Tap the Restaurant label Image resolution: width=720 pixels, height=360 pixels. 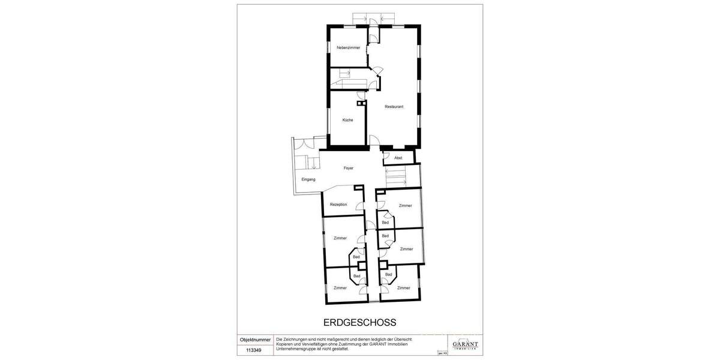(x=394, y=107)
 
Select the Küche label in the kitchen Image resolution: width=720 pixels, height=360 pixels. (x=347, y=120)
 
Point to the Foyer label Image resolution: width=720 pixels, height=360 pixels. (x=348, y=169)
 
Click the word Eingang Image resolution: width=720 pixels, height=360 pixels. (x=308, y=179)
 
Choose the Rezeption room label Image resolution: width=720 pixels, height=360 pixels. (x=338, y=205)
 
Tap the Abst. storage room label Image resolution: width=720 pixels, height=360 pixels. (x=398, y=158)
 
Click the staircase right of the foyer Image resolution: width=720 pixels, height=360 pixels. (x=395, y=176)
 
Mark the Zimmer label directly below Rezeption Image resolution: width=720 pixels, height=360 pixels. (x=340, y=238)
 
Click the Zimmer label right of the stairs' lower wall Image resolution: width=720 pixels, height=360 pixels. (x=406, y=206)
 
